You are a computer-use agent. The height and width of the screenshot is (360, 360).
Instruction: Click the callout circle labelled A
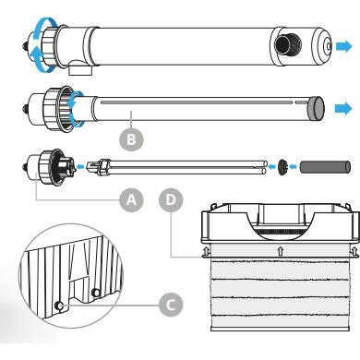click(x=131, y=200)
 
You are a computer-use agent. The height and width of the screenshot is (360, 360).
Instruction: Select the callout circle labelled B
click(x=131, y=139)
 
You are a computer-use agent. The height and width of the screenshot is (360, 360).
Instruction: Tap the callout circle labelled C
click(x=171, y=305)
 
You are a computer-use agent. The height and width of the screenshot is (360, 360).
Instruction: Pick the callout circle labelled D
click(x=171, y=200)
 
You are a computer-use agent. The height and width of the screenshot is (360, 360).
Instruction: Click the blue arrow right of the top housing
click(x=343, y=46)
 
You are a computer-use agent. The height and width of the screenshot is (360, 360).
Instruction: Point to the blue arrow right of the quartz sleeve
click(x=343, y=108)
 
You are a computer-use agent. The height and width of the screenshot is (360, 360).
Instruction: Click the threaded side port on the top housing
click(x=288, y=45)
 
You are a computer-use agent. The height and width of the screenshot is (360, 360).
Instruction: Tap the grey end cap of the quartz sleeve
click(x=316, y=108)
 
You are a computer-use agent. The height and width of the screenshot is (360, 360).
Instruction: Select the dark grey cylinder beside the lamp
click(x=325, y=166)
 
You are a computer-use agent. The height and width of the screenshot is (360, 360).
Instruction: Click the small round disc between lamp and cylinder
click(x=282, y=167)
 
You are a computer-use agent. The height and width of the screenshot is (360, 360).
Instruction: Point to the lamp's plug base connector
click(x=98, y=167)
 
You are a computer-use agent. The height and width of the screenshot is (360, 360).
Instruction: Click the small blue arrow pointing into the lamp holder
click(x=80, y=167)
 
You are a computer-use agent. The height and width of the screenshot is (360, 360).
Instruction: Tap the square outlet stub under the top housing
click(x=80, y=68)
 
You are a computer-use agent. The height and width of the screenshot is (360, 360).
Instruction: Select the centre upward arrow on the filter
click(x=280, y=250)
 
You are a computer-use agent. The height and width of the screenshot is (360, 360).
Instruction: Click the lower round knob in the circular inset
click(x=59, y=306)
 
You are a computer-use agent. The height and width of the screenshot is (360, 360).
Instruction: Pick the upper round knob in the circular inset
click(x=96, y=292)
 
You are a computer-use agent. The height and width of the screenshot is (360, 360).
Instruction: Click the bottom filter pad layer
click(x=281, y=322)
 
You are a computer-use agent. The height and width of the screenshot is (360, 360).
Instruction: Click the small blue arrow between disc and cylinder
click(x=294, y=167)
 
